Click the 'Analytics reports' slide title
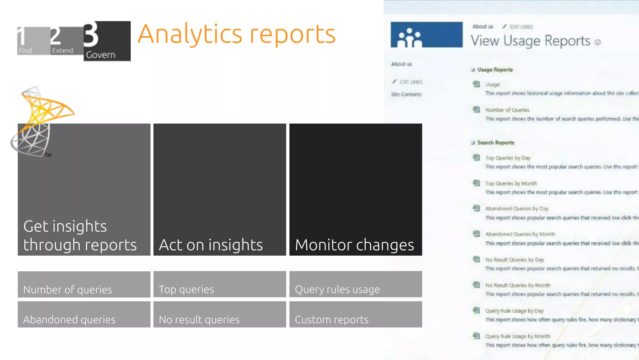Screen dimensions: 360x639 tap(236, 34)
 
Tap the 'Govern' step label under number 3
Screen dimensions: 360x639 tap(100, 55)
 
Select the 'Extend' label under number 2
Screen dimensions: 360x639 tap(62, 51)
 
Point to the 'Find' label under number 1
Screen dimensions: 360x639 tap(25, 51)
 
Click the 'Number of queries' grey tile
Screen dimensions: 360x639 tap(84, 284)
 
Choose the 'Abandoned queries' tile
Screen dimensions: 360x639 tap(84, 314)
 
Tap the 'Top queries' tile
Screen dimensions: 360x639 tap(219, 284)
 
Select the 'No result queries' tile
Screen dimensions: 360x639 tap(219, 314)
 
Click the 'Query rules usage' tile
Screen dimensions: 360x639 tap(355, 284)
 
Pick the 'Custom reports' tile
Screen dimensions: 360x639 tap(355, 314)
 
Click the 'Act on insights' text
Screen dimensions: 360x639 tap(211, 245)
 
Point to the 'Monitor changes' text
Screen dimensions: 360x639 tap(354, 245)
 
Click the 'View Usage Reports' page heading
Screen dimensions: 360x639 tap(530, 41)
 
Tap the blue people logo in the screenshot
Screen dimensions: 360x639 tap(427, 35)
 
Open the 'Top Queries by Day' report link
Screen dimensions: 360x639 tap(508, 158)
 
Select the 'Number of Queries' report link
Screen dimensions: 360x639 tap(507, 110)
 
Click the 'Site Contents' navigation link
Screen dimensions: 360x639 tap(406, 94)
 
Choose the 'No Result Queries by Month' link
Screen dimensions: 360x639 tap(518, 285)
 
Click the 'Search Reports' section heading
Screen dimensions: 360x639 tap(495, 143)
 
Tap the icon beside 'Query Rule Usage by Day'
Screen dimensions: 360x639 tap(476, 310)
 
